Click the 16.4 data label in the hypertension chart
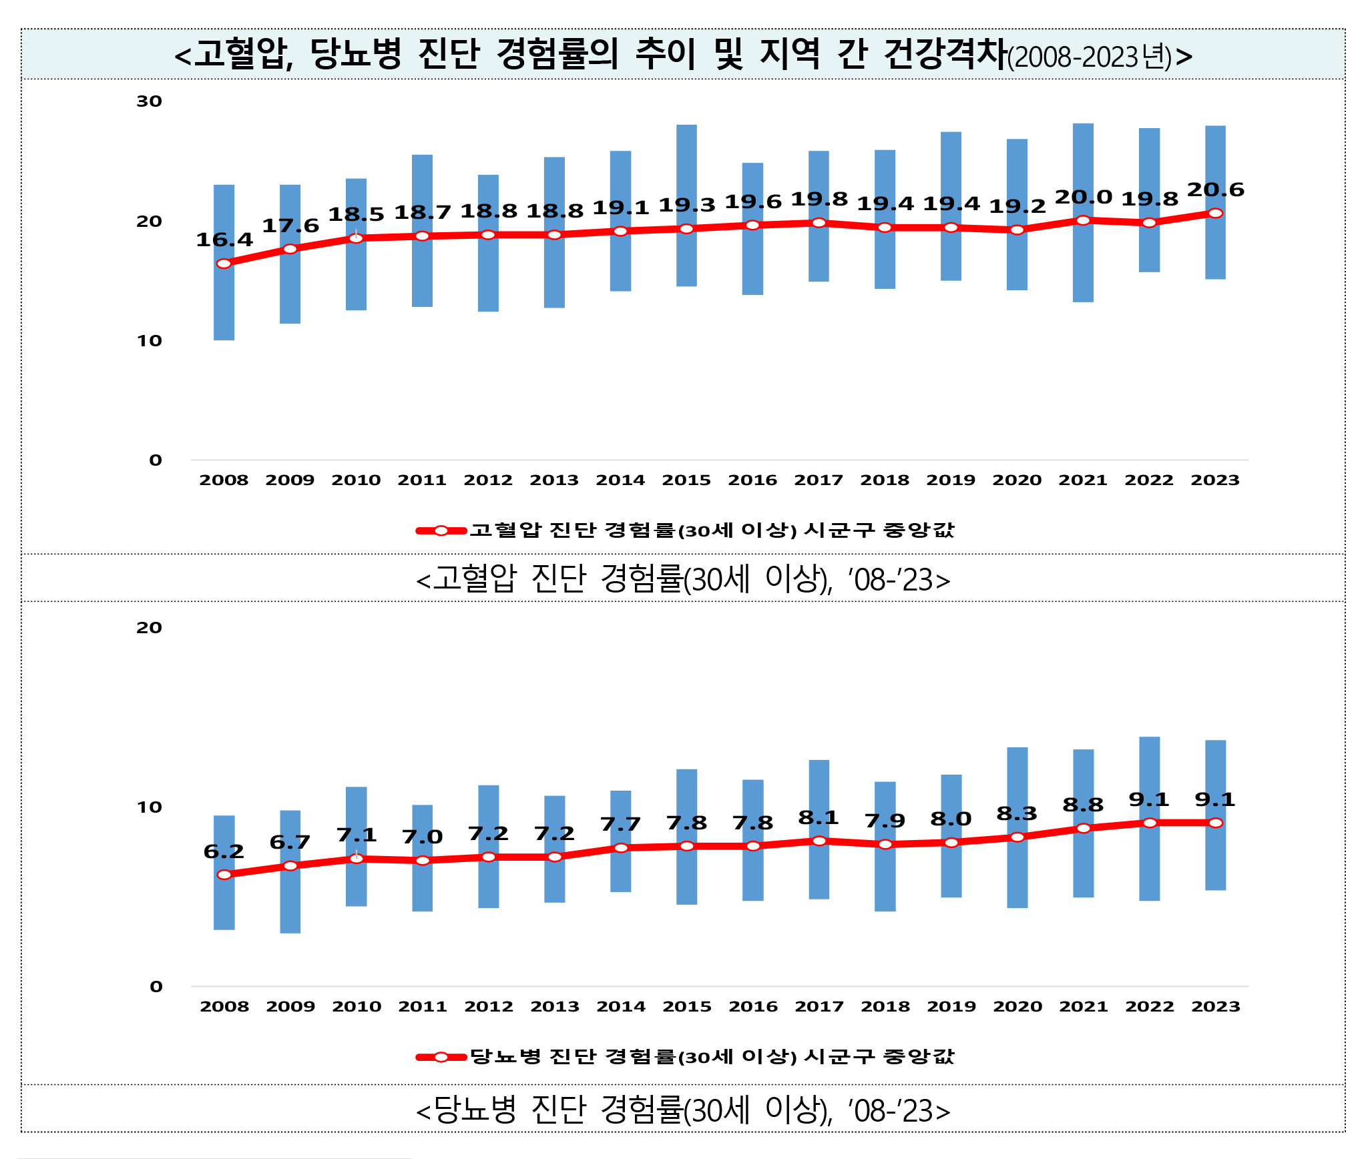click(224, 240)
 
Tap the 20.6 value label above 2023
click(1215, 190)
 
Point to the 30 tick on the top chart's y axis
click(149, 101)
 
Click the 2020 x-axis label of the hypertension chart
click(1017, 480)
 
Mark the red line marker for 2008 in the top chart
click(224, 264)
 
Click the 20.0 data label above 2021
click(1083, 198)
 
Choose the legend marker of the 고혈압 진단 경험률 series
click(441, 530)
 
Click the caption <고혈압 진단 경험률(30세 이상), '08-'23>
click(682, 578)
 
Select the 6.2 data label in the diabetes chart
click(224, 851)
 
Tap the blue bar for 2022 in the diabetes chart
click(1149, 774)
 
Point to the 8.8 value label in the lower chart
click(1083, 805)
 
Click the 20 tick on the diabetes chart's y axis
click(149, 627)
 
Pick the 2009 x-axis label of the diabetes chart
click(290, 1006)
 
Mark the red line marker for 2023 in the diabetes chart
click(1215, 823)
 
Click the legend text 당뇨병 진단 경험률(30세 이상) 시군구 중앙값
click(712, 1056)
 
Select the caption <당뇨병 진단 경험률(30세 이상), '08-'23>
click(682, 1110)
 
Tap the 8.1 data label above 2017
click(819, 817)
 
